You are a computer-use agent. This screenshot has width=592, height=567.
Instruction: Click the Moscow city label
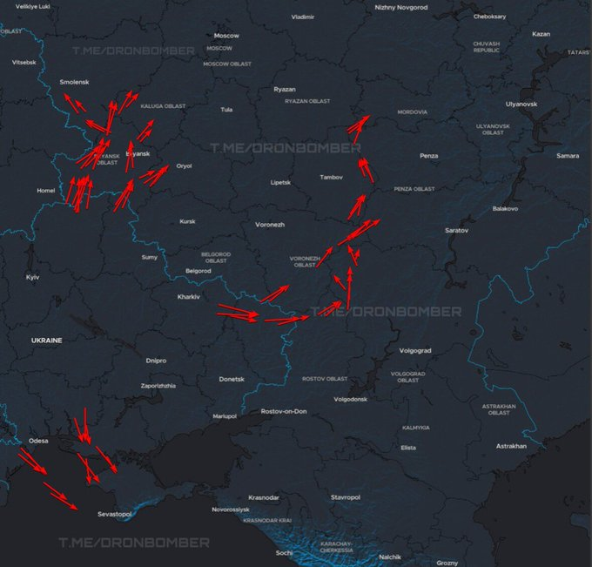pyautogui.click(x=226, y=36)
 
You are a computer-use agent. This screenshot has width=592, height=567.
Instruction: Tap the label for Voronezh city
pyautogui.click(x=270, y=224)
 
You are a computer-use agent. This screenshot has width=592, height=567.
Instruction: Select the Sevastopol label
pyautogui.click(x=114, y=515)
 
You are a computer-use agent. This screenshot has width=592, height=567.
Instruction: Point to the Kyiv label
pyautogui.click(x=33, y=277)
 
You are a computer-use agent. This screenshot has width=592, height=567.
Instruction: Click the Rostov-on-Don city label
pyautogui.click(x=284, y=411)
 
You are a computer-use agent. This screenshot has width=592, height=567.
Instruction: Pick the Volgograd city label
pyautogui.click(x=414, y=350)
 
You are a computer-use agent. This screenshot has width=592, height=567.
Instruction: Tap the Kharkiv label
pyautogui.click(x=189, y=297)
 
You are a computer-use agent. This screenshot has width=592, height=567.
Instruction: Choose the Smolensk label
pyautogui.click(x=75, y=82)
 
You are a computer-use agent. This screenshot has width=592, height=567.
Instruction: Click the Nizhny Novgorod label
pyautogui.click(x=401, y=7)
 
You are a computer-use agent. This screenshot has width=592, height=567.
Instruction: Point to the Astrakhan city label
pyautogui.click(x=511, y=446)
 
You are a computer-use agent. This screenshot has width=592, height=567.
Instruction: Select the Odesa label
pyautogui.click(x=38, y=441)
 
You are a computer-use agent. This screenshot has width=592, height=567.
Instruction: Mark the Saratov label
pyautogui.click(x=456, y=230)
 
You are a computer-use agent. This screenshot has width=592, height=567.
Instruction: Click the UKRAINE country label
pyautogui.click(x=47, y=340)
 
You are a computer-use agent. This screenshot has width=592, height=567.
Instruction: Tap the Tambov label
pyautogui.click(x=332, y=178)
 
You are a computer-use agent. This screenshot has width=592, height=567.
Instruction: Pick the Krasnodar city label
pyautogui.click(x=264, y=497)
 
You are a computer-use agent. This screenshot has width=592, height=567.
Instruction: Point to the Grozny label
pyautogui.click(x=447, y=563)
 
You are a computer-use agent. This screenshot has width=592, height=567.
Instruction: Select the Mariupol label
pyautogui.click(x=225, y=416)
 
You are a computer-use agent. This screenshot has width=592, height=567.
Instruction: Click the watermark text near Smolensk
pyautogui.click(x=133, y=51)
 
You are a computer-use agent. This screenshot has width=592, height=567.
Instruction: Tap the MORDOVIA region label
pyautogui.click(x=412, y=112)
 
